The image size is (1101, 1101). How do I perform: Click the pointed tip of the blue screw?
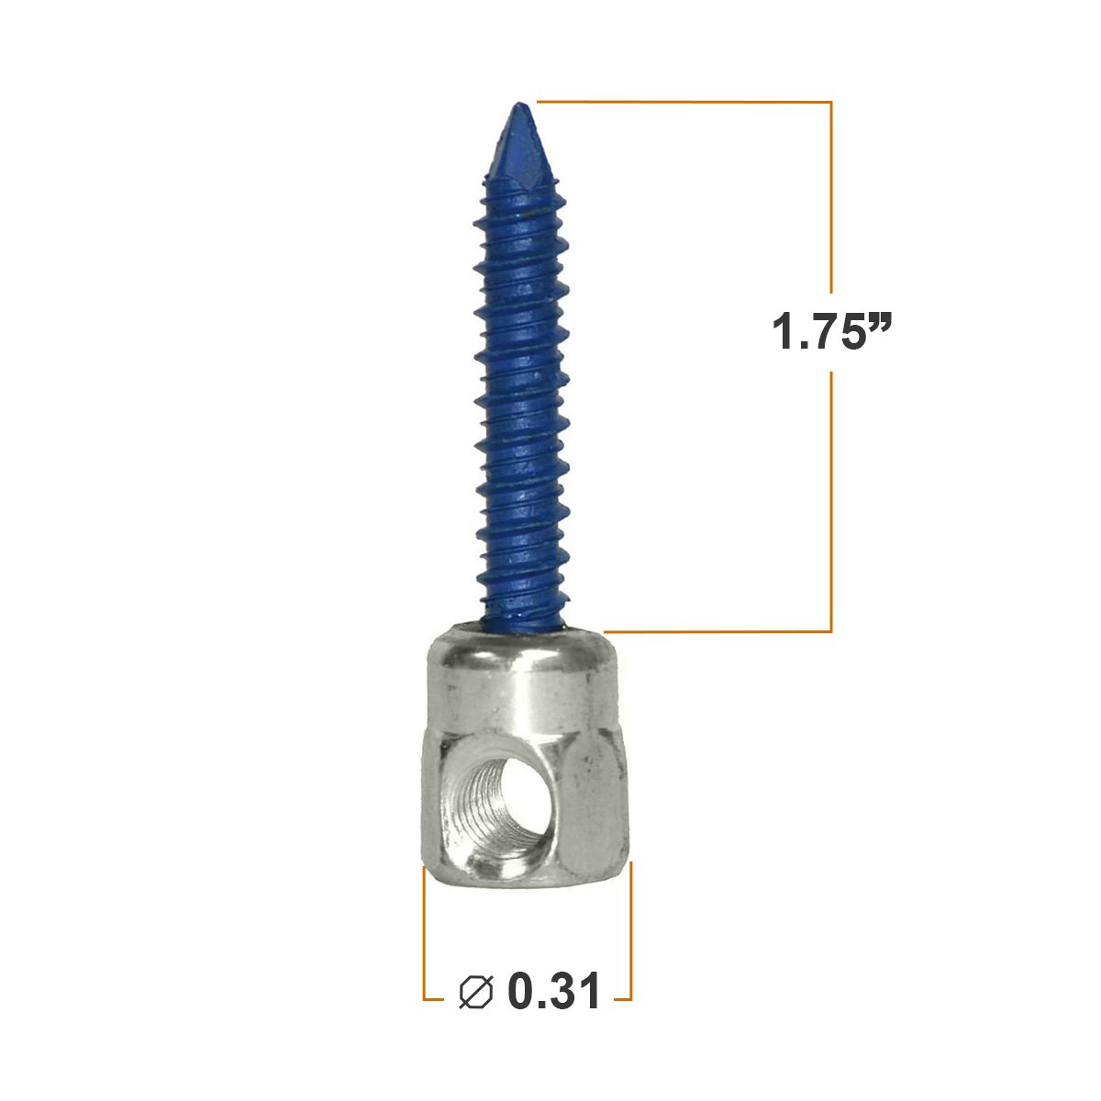coord(518,106)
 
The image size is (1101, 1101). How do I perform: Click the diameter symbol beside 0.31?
coord(476,992)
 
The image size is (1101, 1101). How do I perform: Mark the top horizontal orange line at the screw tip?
coord(684,101)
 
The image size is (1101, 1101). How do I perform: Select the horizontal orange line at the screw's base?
coord(716,631)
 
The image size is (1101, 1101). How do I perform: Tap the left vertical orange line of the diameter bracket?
coord(424,927)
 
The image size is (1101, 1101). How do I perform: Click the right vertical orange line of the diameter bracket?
coord(631,927)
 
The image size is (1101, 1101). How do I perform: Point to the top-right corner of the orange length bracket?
coord(831,101)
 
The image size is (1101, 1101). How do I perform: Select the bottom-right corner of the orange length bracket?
coord(831,631)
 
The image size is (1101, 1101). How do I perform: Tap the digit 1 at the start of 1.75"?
coord(783,331)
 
